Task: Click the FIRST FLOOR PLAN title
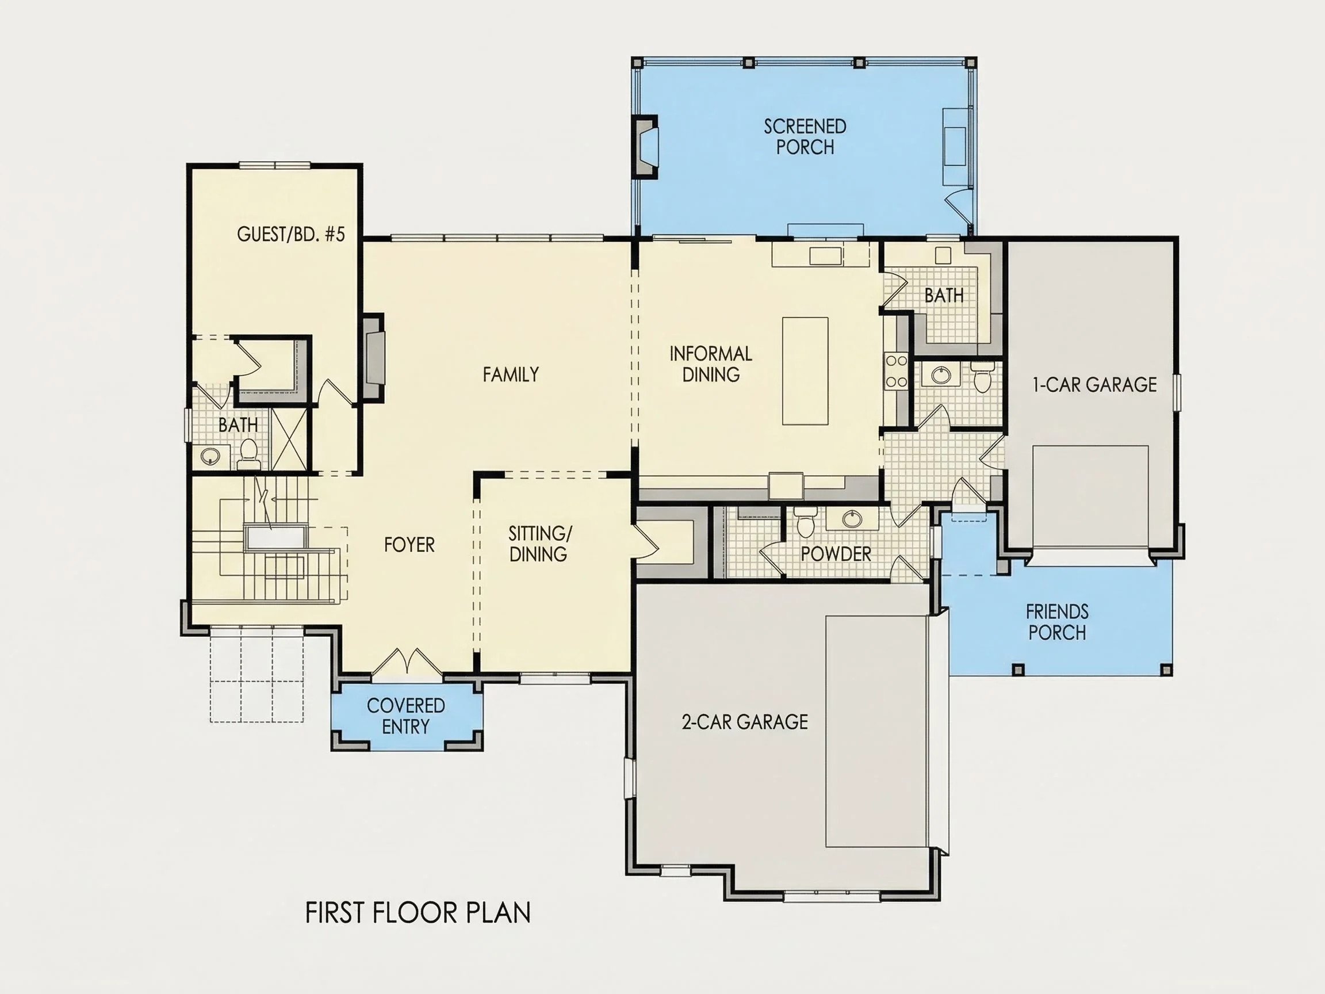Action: tap(418, 912)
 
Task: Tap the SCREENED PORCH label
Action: tap(805, 136)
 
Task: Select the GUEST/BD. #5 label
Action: tap(291, 234)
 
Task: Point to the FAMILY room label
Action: tap(511, 374)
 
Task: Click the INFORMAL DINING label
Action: tap(711, 364)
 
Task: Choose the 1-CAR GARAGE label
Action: tap(1094, 385)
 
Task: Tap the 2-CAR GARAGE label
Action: tap(745, 722)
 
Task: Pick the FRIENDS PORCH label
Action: tap(1057, 622)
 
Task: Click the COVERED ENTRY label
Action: tap(405, 716)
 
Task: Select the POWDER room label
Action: tap(836, 553)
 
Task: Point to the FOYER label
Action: tap(409, 545)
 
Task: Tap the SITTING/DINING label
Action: tap(539, 544)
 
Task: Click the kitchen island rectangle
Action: tap(806, 371)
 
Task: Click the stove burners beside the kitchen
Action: tap(897, 371)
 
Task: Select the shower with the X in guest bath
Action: tap(289, 438)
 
